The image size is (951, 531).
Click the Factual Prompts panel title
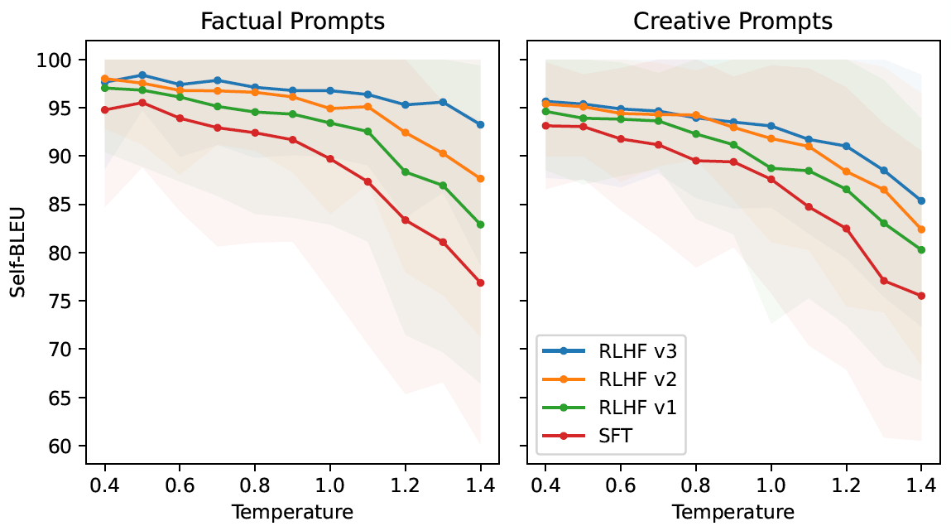point(293,22)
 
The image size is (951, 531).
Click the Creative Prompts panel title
point(732,22)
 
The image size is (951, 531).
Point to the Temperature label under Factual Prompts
point(292,511)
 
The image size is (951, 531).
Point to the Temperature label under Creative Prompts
point(732,511)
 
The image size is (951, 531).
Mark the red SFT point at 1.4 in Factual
point(480,282)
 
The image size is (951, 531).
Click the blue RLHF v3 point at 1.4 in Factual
point(480,125)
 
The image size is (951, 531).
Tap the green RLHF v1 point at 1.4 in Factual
point(480,224)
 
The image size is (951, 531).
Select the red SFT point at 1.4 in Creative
point(920,296)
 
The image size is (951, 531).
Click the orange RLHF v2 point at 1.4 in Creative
point(920,229)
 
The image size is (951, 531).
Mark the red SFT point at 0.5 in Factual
point(142,103)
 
